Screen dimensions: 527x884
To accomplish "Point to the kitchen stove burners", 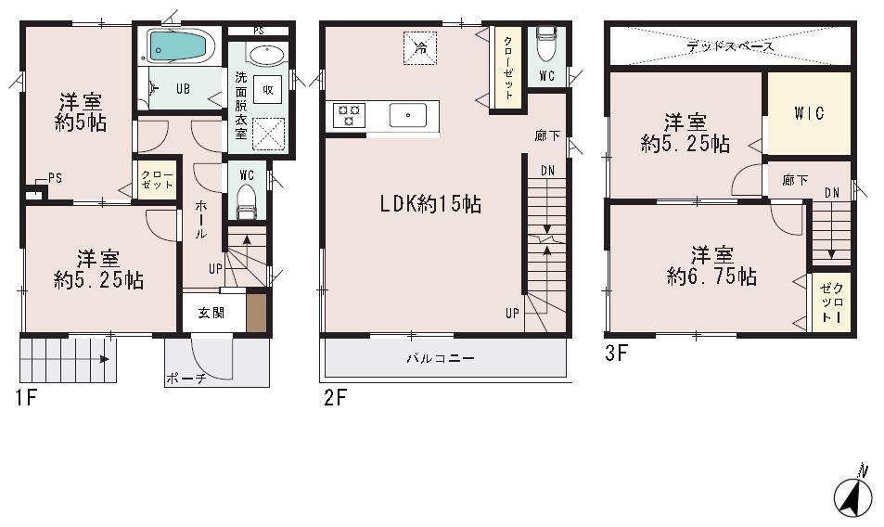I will click(x=350, y=114).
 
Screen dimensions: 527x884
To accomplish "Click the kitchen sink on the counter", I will click(x=408, y=115).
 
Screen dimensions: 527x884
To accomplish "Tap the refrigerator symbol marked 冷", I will click(x=419, y=46).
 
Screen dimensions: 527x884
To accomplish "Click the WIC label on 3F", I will click(x=808, y=114).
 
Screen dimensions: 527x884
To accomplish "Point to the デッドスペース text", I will click(x=730, y=45).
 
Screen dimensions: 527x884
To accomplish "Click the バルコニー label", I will click(x=440, y=357).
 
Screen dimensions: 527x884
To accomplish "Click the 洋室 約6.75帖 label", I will click(x=710, y=265).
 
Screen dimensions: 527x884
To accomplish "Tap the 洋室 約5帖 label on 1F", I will click(x=80, y=111).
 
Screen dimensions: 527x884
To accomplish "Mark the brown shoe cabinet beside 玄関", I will click(x=256, y=312).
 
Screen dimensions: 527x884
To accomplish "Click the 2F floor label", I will click(x=335, y=399).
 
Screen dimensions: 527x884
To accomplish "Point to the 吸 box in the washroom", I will click(x=267, y=90).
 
